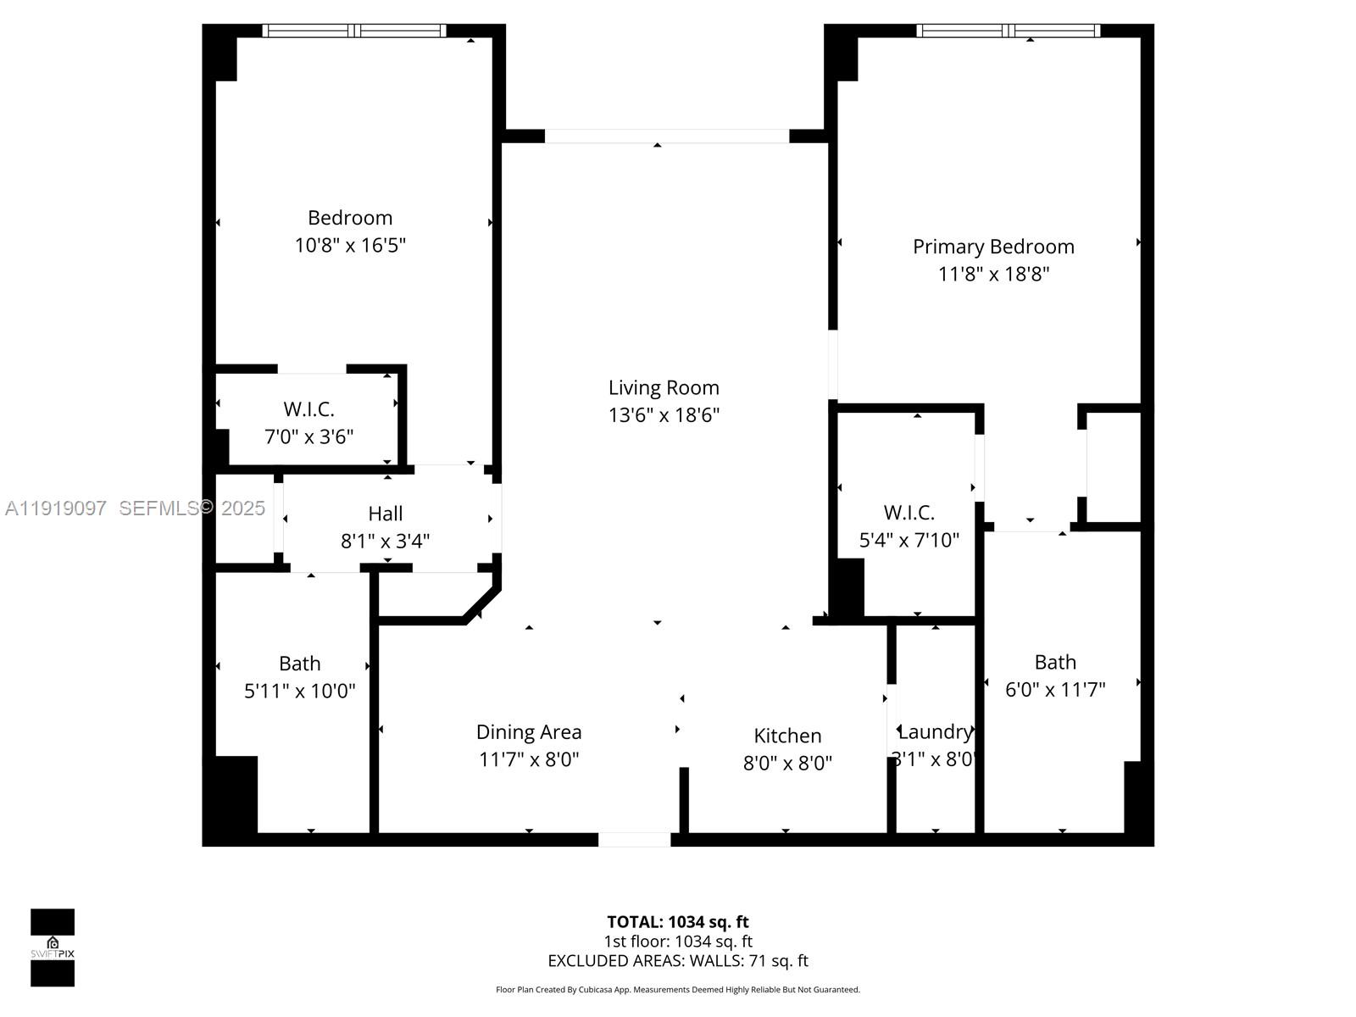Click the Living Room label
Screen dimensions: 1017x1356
point(664,387)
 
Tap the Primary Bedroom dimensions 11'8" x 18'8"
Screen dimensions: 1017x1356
point(993,274)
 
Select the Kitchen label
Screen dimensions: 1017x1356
point(787,735)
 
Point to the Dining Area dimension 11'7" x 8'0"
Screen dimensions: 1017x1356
point(529,759)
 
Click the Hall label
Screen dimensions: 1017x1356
point(385,513)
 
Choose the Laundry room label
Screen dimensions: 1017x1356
point(934,731)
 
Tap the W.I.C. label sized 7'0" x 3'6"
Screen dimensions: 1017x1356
point(308,409)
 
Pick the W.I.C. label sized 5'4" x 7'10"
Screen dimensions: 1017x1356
point(909,512)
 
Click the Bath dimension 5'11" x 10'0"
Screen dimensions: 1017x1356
point(299,691)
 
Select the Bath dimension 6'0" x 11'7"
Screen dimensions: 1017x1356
point(1055,689)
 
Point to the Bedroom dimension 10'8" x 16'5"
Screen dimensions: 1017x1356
point(350,245)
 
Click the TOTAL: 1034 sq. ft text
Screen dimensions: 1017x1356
point(677,921)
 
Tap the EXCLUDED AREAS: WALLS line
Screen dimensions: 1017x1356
point(677,960)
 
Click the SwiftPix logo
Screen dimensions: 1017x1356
point(53,947)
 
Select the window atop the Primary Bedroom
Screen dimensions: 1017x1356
point(1008,31)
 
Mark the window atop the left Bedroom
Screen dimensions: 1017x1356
point(353,31)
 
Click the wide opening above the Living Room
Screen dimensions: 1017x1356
point(666,136)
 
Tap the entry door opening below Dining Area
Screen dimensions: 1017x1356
point(634,839)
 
